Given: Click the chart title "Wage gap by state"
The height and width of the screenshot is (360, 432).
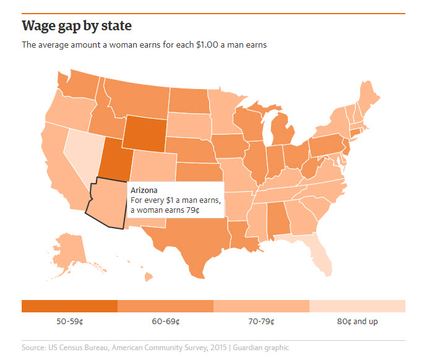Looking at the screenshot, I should coord(77,27).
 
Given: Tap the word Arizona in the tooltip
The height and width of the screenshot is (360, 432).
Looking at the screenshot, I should coord(144,190).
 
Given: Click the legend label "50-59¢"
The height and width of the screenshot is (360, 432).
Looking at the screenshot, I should coord(69,322).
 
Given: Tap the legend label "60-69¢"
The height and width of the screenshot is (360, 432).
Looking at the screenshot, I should coord(165,322).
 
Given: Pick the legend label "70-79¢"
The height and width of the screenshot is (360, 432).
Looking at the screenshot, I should coord(261,322).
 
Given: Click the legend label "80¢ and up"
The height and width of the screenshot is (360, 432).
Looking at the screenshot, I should coord(357,322).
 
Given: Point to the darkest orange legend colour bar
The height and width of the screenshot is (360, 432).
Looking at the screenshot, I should coord(69,306).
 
